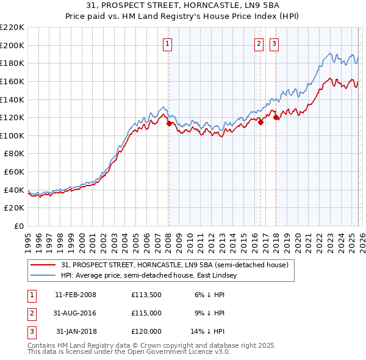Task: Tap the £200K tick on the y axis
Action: pyautogui.click(x=12, y=45)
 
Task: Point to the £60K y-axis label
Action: pyautogui.click(x=14, y=172)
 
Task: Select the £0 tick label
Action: pyautogui.click(x=18, y=226)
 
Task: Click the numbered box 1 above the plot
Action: pyautogui.click(x=167, y=43)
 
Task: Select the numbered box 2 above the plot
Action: pyautogui.click(x=259, y=43)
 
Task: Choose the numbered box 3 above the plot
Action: pyautogui.click(x=274, y=43)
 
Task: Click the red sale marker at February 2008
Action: pyautogui.click(x=169, y=123)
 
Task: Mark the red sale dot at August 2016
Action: pyautogui.click(x=260, y=122)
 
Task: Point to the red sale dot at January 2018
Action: pyautogui.click(x=276, y=117)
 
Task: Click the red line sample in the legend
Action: pyautogui.click(x=44, y=265)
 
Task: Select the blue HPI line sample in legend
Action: pyautogui.click(x=44, y=276)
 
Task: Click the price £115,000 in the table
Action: pyautogui.click(x=146, y=313)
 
